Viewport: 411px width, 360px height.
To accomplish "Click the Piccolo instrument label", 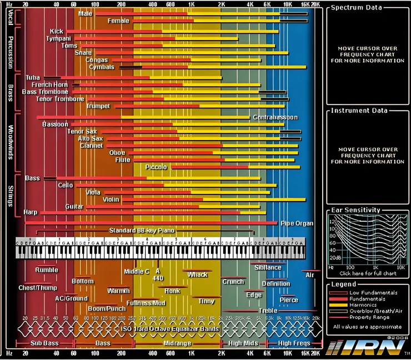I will click(156, 167).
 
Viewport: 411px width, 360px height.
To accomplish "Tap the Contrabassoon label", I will click(275, 118).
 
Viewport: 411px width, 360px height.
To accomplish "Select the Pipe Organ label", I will click(297, 223).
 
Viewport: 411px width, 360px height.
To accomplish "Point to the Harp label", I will click(31, 212).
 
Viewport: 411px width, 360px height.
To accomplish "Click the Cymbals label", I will click(102, 67).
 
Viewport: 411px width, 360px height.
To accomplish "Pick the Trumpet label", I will click(98, 106).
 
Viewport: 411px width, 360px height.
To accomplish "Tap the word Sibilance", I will click(268, 268).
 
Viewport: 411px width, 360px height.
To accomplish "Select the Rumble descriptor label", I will click(47, 270).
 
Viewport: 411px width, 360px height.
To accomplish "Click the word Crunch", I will click(233, 282).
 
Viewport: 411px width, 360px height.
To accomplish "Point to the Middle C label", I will click(136, 272).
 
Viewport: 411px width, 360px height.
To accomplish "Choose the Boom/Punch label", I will click(107, 308).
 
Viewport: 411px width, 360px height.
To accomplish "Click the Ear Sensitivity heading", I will click(355, 210).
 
